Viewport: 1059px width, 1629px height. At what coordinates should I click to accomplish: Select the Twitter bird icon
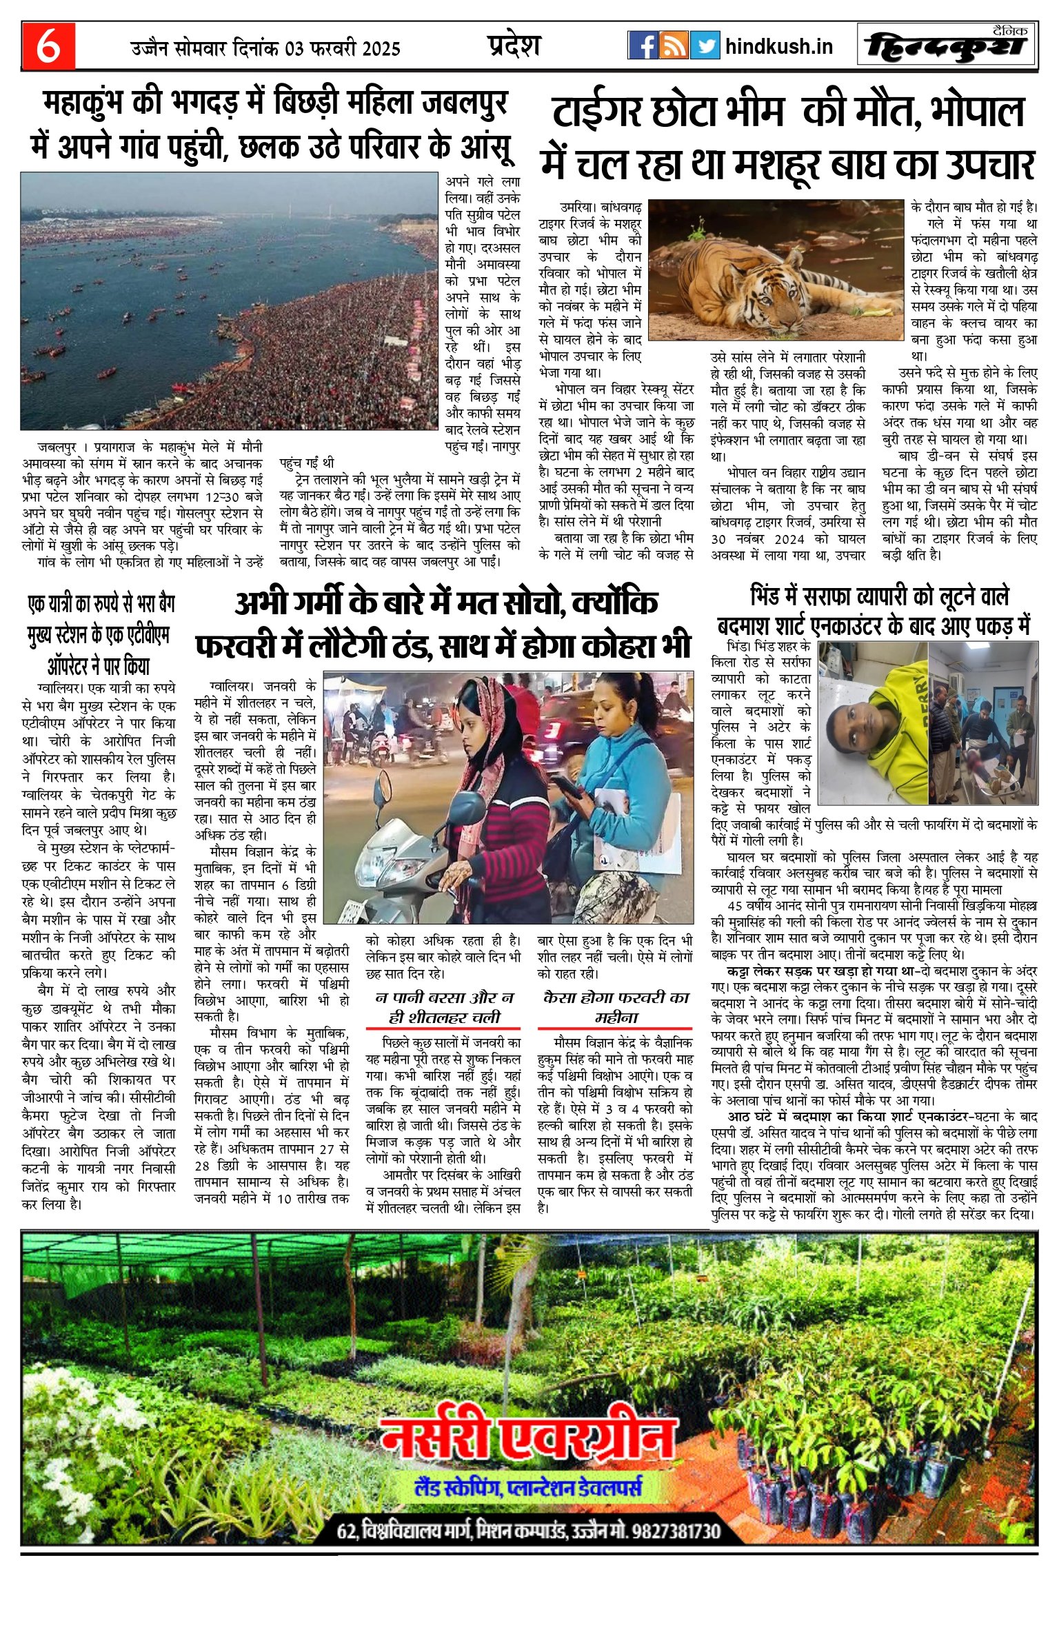(x=705, y=45)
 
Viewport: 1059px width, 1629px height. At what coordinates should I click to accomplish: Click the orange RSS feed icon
(x=674, y=45)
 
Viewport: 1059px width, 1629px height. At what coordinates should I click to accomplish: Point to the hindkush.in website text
(x=779, y=46)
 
